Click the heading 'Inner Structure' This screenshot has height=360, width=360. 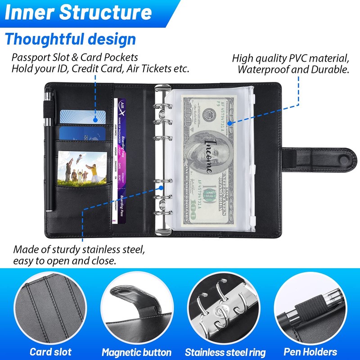pyautogui.click(x=79, y=13)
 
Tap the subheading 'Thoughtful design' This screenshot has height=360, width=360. pyautogui.click(x=70, y=39)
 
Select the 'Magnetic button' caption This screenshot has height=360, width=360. pyautogui.click(x=136, y=352)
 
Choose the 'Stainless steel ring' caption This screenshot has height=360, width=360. pyautogui.click(x=225, y=352)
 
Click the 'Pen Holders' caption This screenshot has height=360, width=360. pyautogui.click(x=310, y=351)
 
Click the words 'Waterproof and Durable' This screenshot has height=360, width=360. pyautogui.click(x=293, y=70)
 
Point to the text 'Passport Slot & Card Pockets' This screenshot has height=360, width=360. pyautogui.click(x=75, y=58)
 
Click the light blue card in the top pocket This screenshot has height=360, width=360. pyautogui.click(x=83, y=118)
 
